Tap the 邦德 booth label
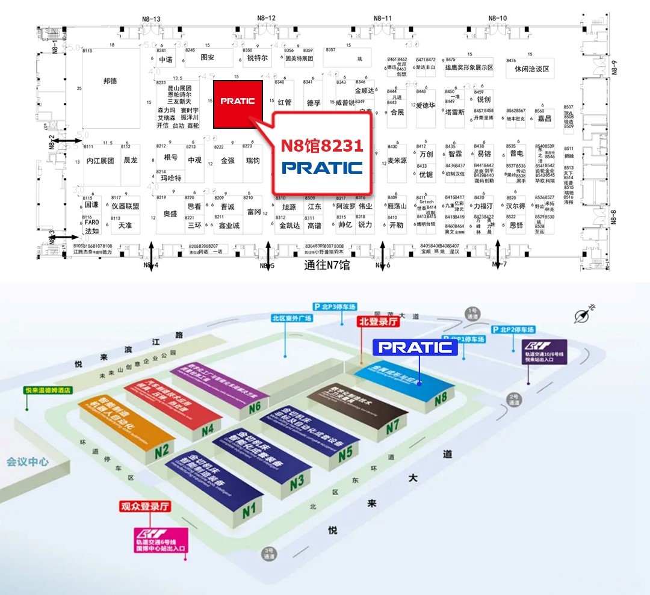coord(110,81)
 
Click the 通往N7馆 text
coord(327,265)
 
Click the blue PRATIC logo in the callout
coord(322,167)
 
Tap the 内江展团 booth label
coord(100,161)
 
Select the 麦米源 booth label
coord(397,161)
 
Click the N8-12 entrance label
coord(267,18)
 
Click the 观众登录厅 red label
coord(146,506)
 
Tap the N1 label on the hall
coord(249,511)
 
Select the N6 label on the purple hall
coord(255,407)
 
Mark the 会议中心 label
coord(28,462)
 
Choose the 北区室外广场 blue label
coord(292,318)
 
